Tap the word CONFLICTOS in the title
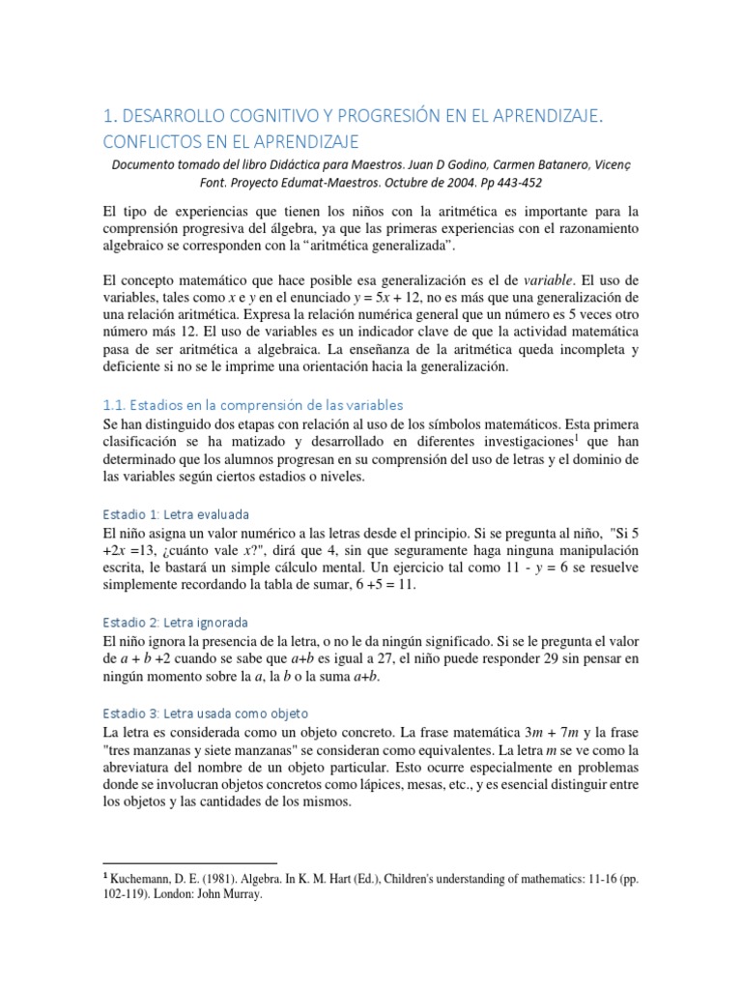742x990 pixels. click(x=166, y=142)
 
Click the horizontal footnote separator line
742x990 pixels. click(x=189, y=860)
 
